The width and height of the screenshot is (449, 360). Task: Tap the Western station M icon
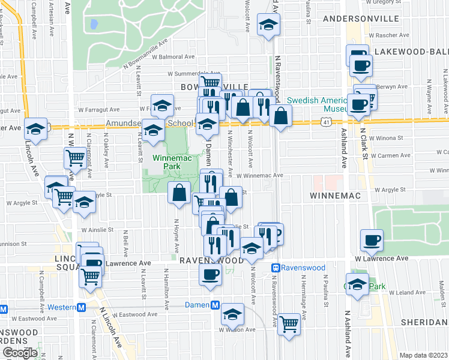pyautogui.click(x=82, y=308)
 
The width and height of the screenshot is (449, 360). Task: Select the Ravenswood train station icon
pyautogui.click(x=276, y=268)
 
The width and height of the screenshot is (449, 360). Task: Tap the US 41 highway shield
pyautogui.click(x=325, y=122)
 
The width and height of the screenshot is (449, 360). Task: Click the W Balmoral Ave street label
pyautogui.click(x=173, y=57)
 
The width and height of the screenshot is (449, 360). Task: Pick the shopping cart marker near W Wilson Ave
pyautogui.click(x=289, y=323)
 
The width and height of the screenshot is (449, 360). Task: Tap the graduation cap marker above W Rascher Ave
pyautogui.click(x=268, y=25)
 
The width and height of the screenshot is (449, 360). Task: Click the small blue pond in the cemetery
pyautogui.click(x=93, y=25)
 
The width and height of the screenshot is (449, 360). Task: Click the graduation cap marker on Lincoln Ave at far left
pyautogui.click(x=35, y=128)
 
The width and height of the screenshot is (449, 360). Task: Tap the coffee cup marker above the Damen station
pyautogui.click(x=210, y=275)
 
